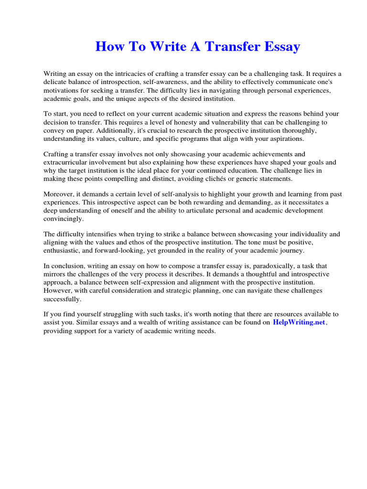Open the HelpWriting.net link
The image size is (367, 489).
coord(299,322)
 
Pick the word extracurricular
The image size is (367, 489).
coord(66,162)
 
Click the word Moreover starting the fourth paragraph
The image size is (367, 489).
coord(59,194)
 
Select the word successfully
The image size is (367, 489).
coord(62,299)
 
